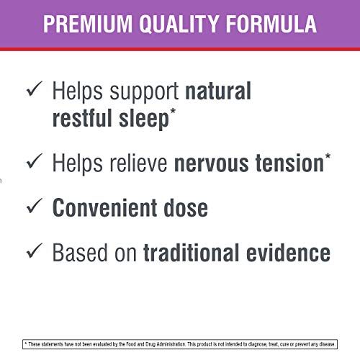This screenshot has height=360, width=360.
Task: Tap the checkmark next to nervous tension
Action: (x=33, y=163)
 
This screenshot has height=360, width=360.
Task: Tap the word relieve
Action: (x=135, y=163)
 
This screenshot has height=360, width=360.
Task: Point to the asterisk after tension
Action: (x=328, y=157)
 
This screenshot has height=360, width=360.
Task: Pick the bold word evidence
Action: (x=291, y=253)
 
